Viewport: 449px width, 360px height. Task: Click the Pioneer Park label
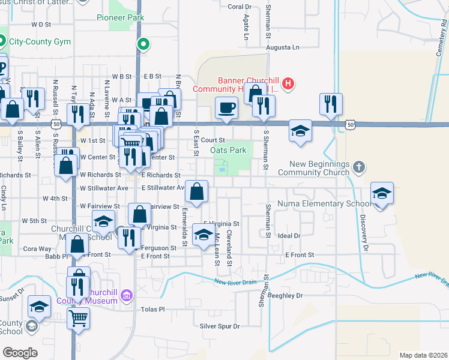coord(120,17)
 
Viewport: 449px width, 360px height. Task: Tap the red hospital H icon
coord(289,83)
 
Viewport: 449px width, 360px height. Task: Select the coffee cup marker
coord(226,108)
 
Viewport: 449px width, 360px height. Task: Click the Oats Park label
coord(229,150)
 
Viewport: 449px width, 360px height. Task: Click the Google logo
coord(20,353)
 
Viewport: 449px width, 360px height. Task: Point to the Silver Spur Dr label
coord(220,326)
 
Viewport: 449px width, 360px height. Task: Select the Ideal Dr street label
coord(289,236)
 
